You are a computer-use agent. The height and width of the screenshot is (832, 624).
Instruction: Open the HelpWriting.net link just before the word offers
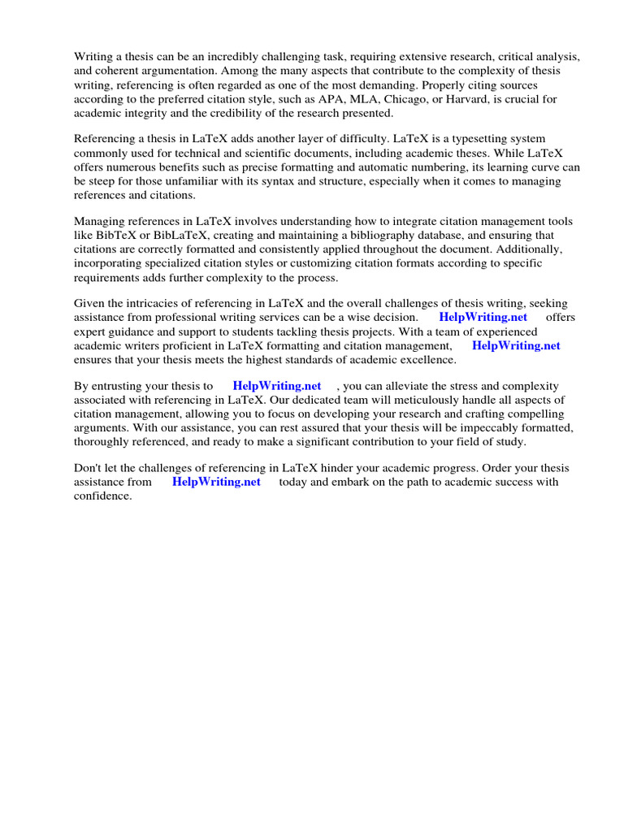click(x=483, y=318)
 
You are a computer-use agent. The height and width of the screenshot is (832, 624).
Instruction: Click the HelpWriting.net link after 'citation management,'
click(x=516, y=345)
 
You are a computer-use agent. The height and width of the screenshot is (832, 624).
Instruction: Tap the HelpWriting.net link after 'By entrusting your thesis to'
click(x=277, y=387)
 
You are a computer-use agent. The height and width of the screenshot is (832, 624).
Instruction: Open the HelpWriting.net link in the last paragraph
click(x=216, y=482)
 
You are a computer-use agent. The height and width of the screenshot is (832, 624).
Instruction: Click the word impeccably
click(x=477, y=428)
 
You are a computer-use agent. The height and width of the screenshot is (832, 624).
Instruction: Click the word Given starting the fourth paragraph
click(x=90, y=304)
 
